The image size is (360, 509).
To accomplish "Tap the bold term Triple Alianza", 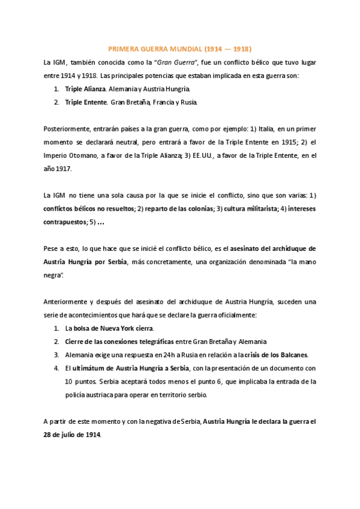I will tap(85, 89).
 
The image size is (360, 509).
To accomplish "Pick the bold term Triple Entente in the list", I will tap(86, 102).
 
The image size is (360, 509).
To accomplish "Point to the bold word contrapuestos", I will tap(65, 222).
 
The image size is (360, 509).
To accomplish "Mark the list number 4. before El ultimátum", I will tap(56, 368).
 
